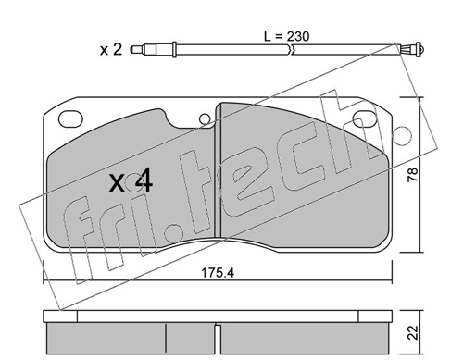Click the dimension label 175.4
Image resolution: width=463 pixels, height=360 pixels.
(x=218, y=273)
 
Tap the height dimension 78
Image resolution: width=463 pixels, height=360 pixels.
(x=413, y=175)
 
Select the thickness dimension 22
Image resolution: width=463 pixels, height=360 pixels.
(x=413, y=332)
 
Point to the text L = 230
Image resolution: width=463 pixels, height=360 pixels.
(x=286, y=37)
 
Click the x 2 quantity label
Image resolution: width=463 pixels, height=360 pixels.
(x=111, y=50)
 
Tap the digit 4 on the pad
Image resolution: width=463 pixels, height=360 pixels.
(x=144, y=180)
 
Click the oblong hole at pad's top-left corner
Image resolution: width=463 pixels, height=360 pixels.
(x=70, y=119)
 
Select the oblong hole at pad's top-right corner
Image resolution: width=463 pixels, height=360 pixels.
(x=365, y=119)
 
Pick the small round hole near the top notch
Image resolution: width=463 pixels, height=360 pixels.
(x=205, y=119)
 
